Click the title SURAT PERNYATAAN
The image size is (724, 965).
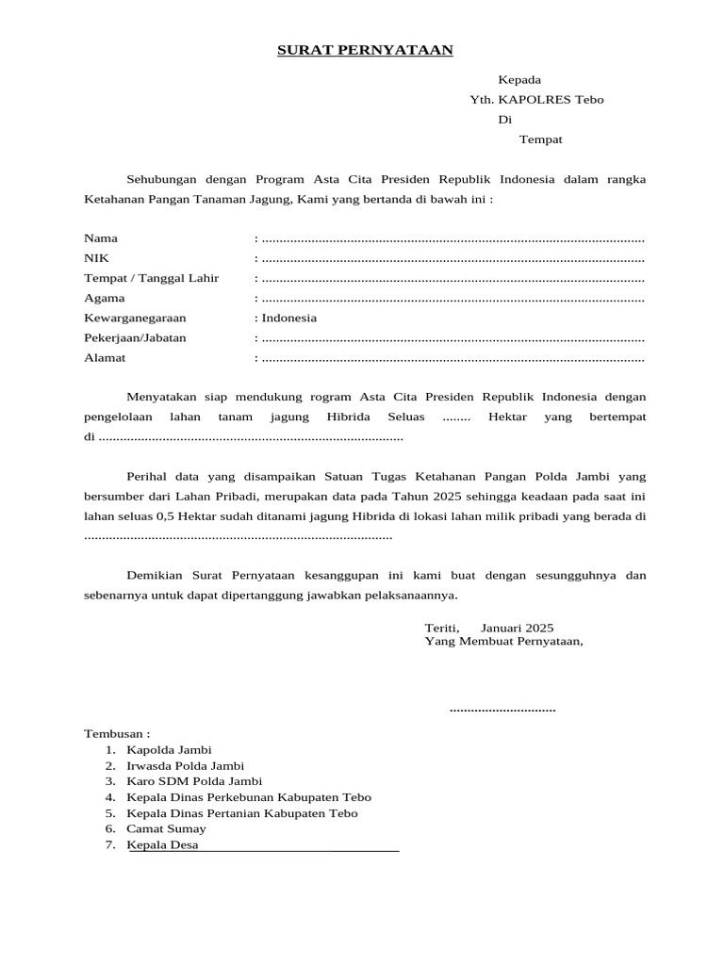[x=365, y=50]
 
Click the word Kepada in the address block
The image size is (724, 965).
[x=519, y=80]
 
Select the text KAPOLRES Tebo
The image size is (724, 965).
[x=551, y=100]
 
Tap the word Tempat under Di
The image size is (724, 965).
[x=541, y=139]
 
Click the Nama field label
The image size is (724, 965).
[x=101, y=238]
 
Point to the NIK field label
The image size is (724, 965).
[x=97, y=258]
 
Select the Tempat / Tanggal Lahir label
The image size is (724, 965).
[x=152, y=278]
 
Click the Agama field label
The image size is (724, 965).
[x=105, y=298]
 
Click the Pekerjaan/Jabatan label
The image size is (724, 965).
[x=135, y=337]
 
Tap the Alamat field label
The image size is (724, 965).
[x=105, y=358]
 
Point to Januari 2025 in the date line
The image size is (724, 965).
[x=517, y=628]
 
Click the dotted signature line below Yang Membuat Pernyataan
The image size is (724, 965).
[x=502, y=709]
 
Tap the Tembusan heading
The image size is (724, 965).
[x=117, y=733]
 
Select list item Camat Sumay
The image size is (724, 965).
[x=166, y=828]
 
